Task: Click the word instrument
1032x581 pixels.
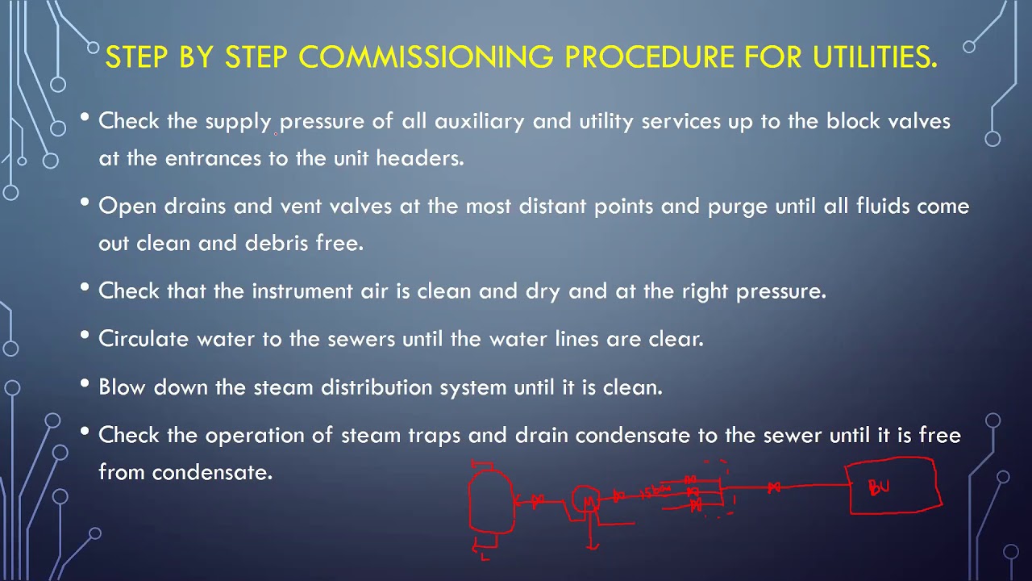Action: pos(302,291)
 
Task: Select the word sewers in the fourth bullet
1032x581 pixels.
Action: pos(362,339)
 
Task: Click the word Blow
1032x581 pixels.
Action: pos(123,387)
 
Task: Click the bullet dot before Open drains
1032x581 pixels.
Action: pos(85,203)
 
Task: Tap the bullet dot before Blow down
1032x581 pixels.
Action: pos(85,385)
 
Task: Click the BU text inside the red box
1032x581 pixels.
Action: pos(879,487)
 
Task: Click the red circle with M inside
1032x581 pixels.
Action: pos(586,501)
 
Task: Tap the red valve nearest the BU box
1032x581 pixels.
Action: pos(774,487)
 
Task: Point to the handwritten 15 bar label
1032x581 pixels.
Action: pos(655,491)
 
